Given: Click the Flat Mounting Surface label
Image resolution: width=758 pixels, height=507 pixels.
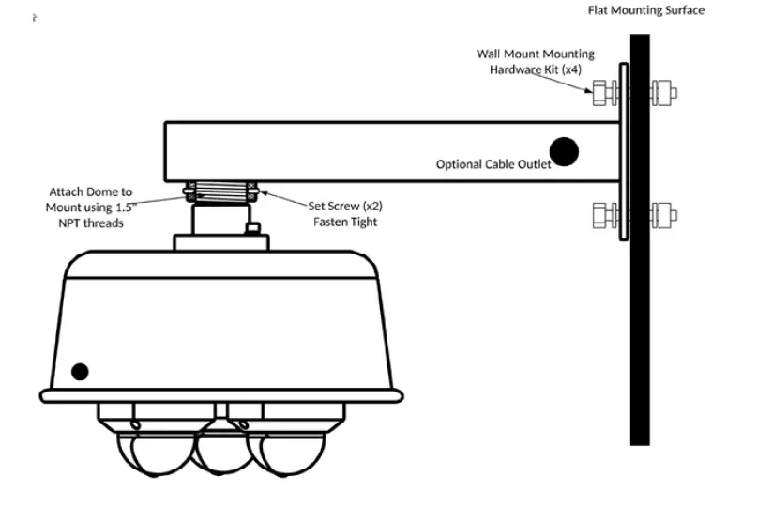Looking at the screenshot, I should [645, 10].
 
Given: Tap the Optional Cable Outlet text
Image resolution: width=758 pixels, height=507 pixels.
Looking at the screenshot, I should [493, 164].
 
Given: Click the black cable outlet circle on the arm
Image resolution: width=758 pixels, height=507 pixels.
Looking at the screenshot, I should [563, 150].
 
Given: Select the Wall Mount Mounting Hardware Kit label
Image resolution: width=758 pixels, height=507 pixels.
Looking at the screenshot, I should [536, 63].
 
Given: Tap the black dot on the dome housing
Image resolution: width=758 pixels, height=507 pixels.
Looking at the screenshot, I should [80, 371].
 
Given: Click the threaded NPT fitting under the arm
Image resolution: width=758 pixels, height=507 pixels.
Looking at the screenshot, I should [221, 192].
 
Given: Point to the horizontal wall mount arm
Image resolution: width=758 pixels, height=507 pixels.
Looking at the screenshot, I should [375, 150].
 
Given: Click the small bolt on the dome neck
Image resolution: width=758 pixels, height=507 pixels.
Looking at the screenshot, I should [250, 228].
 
